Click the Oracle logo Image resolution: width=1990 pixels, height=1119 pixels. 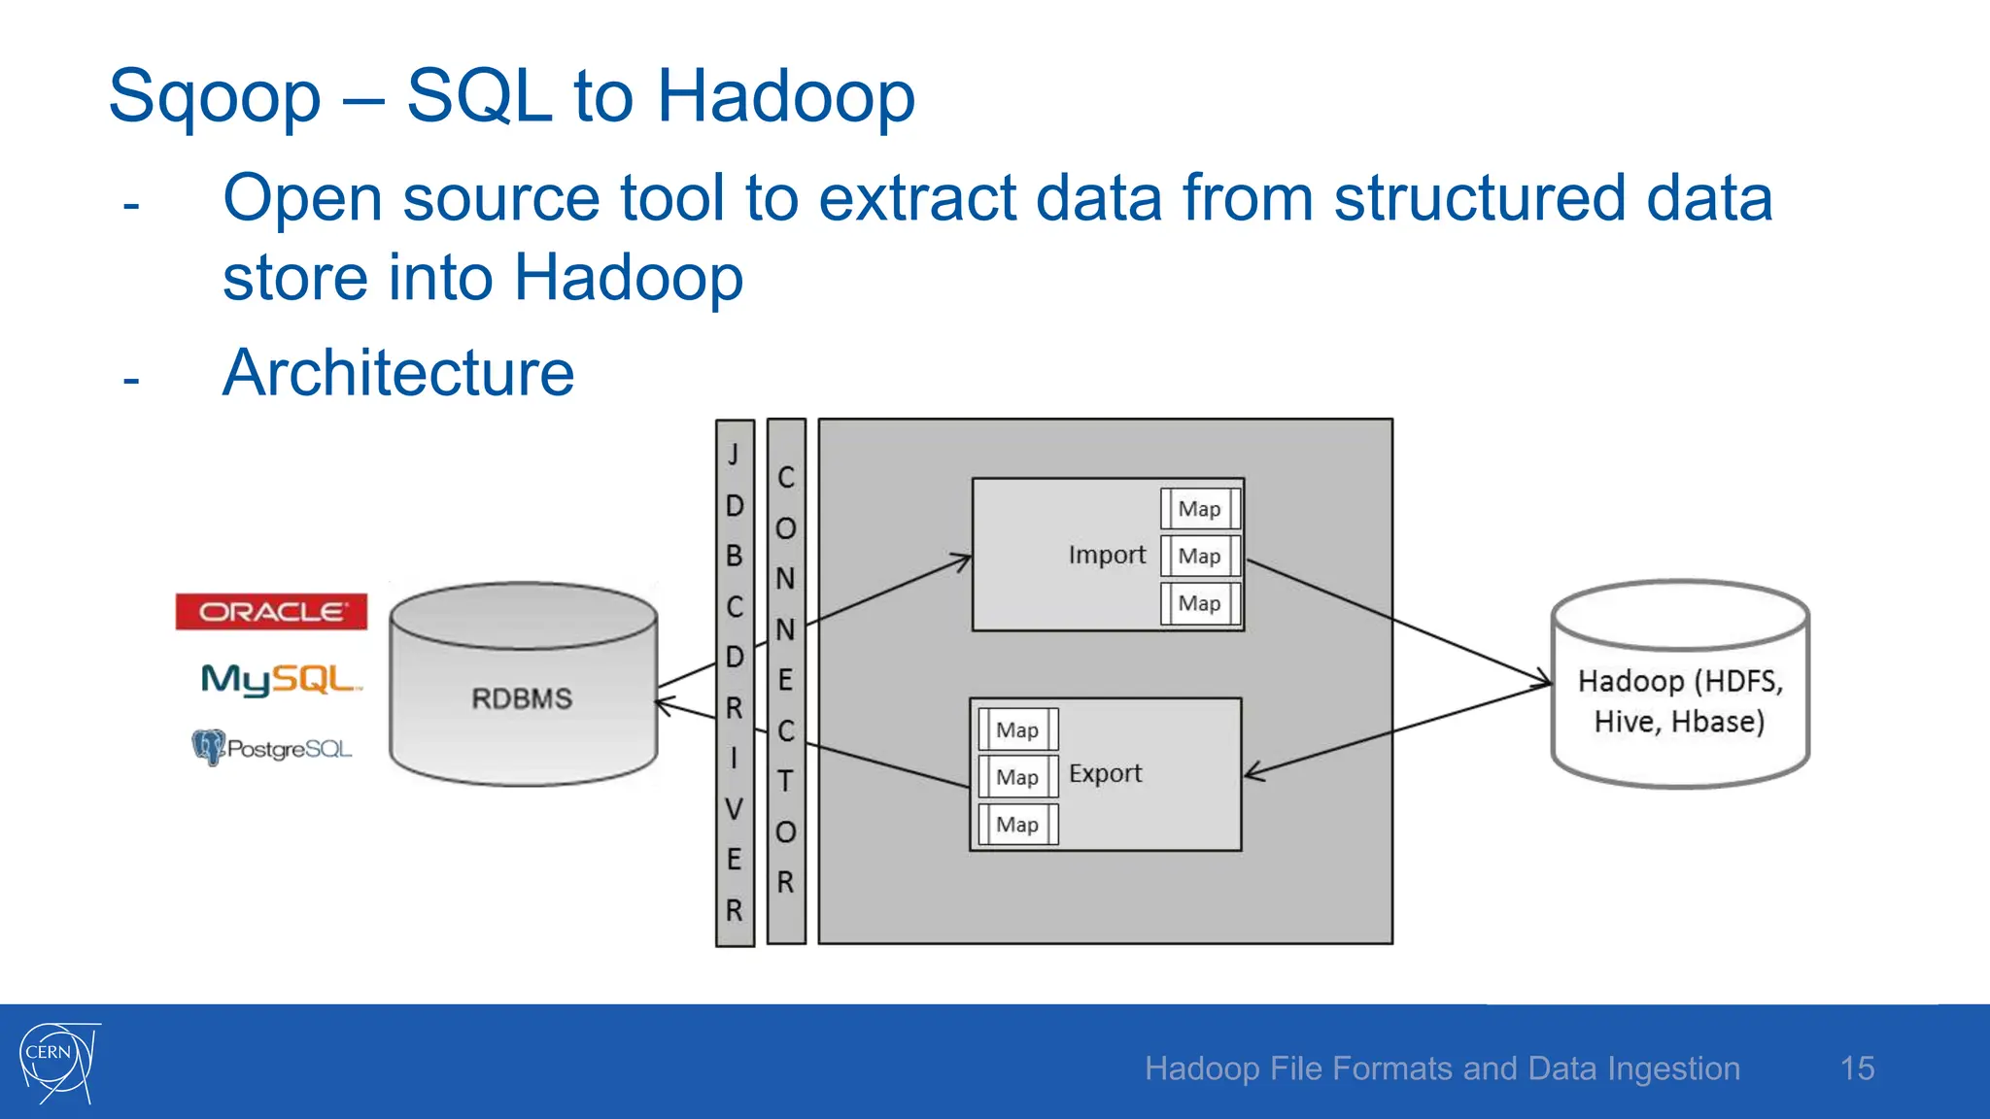pyautogui.click(x=271, y=612)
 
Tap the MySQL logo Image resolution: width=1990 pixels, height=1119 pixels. pyautogui.click(x=280, y=679)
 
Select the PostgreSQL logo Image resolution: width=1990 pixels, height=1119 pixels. pyautogui.click(x=272, y=748)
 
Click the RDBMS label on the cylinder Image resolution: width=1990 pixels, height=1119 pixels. pyautogui.click(x=522, y=698)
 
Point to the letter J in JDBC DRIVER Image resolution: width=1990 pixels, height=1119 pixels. pyautogui.click(x=735, y=455)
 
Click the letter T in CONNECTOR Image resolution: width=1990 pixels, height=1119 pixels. pyautogui.click(x=785, y=781)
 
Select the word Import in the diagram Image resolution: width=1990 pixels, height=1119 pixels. pyautogui.click(x=1107, y=555)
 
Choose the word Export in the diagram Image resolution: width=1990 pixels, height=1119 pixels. pyautogui.click(x=1105, y=773)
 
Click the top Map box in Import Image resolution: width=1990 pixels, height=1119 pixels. pyautogui.click(x=1200, y=509)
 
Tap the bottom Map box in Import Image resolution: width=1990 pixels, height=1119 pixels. pyautogui.click(x=1200, y=603)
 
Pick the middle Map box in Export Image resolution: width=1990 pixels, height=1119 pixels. pyautogui.click(x=1017, y=777)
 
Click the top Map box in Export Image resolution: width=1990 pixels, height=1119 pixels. pyautogui.click(x=1017, y=729)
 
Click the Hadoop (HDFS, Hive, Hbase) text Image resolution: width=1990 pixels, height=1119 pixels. pyautogui.click(x=1680, y=701)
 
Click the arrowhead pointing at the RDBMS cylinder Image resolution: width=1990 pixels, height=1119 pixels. pyautogui.click(x=664, y=704)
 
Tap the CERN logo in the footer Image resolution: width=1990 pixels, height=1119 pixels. pyautogui.click(x=58, y=1062)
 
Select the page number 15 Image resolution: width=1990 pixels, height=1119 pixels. pyautogui.click(x=1857, y=1068)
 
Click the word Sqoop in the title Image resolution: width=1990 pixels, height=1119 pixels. pyautogui.click(x=215, y=97)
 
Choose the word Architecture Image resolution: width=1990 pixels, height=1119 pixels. pyautogui.click(x=398, y=373)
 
